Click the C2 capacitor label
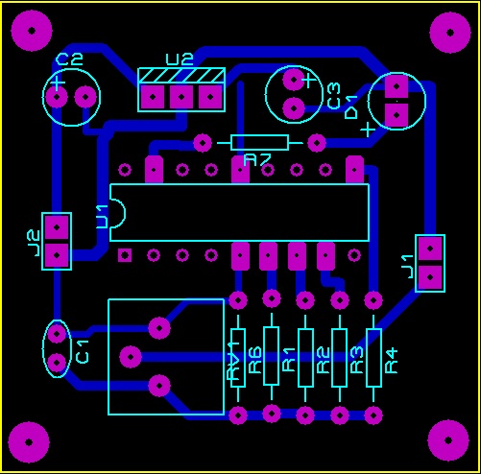69,59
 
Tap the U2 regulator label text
180,59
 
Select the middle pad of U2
181,97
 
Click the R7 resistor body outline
259,142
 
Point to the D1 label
351,107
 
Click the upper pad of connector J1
430,249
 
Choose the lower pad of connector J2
57,255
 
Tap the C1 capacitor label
83,352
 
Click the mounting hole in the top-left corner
32,31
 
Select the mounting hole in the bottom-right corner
448,440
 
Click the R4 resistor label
391,361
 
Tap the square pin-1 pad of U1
125,255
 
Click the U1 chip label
103,217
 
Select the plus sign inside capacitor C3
308,80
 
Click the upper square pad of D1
397,86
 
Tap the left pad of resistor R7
203,143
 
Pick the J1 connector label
408,267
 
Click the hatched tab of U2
181,76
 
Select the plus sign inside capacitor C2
58,83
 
